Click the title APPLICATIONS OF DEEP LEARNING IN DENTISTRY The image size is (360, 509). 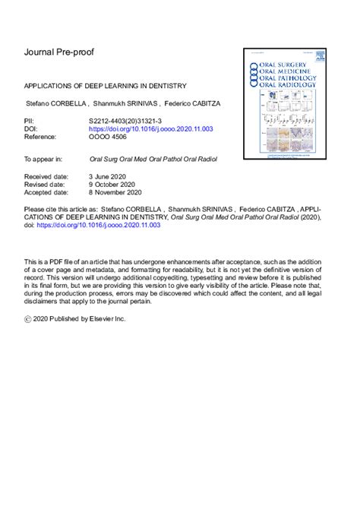(106, 86)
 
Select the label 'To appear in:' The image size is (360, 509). (43, 160)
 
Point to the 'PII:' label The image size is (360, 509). (31, 120)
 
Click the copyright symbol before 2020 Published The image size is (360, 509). (29, 320)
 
